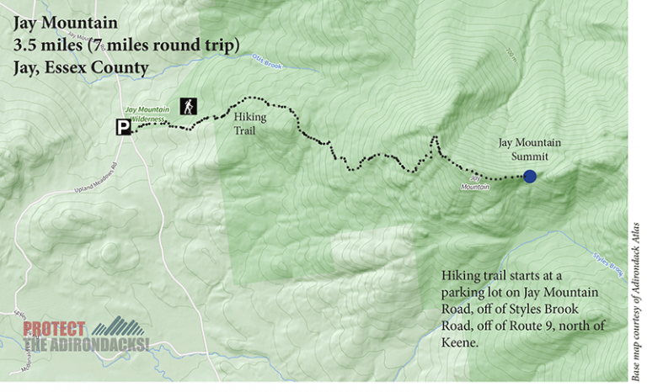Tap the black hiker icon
(x=188, y=106)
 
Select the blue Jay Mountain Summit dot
(x=530, y=176)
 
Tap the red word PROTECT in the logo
(x=54, y=329)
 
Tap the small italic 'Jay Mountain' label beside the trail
(x=476, y=183)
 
